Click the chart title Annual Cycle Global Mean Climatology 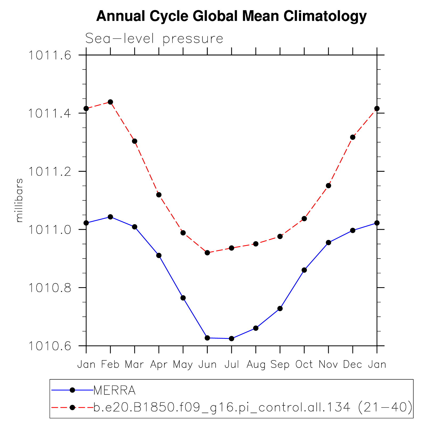pos(231,17)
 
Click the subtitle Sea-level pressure pos(154,39)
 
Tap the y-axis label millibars pos(19,200)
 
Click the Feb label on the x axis pos(110,364)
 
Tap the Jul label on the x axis pos(232,364)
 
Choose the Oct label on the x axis pos(304,364)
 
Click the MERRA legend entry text pos(115,390)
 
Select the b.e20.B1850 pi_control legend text pos(253,407)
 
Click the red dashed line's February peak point pos(110,102)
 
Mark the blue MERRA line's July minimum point pos(232,339)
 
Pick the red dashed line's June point pos(207,253)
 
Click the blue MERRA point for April pos(159,256)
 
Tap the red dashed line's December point pos(353,137)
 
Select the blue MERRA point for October pos(304,270)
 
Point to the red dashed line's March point pos(135,141)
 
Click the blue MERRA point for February pos(110,217)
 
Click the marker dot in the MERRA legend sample pos(72,390)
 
